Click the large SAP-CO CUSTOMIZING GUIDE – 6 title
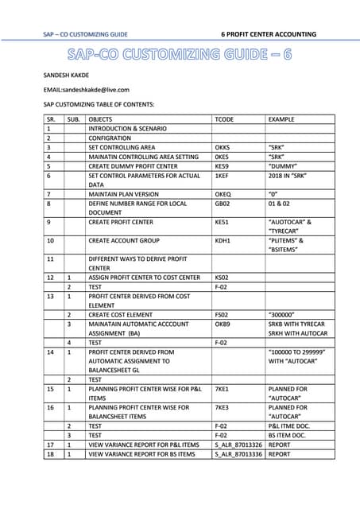180,55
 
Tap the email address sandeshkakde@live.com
86,90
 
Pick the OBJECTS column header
103,118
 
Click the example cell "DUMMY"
286,165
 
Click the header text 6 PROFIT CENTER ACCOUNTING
269,34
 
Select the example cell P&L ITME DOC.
293,425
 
